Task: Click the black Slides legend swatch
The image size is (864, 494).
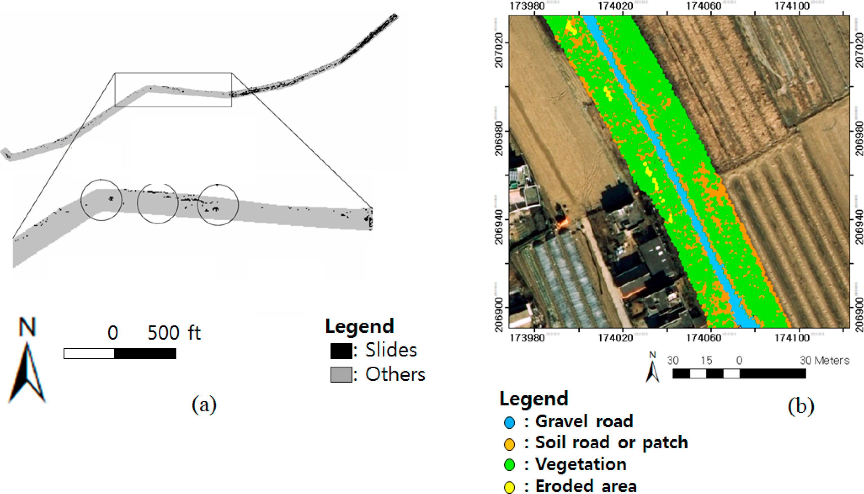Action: tap(341, 351)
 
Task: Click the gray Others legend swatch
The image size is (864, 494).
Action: tap(341, 375)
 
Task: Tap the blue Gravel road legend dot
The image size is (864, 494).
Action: tap(509, 423)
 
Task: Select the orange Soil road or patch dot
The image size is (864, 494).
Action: tap(509, 444)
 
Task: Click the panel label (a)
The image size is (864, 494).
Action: tap(204, 404)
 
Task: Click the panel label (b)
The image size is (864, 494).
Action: tap(801, 406)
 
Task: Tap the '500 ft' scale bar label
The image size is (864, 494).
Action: tap(174, 333)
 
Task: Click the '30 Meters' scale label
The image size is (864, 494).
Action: tap(824, 360)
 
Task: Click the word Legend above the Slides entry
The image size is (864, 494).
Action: tap(360, 326)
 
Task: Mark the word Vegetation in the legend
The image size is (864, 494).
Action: tap(581, 464)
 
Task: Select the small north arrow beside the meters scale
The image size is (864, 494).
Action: tap(652, 368)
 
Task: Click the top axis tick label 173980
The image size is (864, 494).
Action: tap(527, 6)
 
